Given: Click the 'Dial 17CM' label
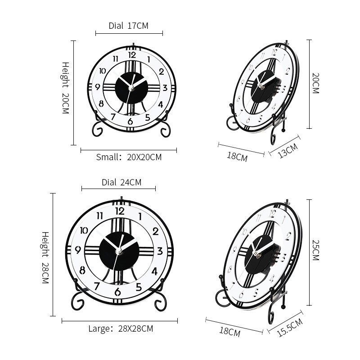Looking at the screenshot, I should pyautogui.click(x=128, y=26).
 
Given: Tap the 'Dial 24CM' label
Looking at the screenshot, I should pyautogui.click(x=121, y=182).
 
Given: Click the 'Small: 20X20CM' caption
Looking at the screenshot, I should pyautogui.click(x=129, y=157).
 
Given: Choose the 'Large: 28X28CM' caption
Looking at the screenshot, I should pyautogui.click(x=121, y=328).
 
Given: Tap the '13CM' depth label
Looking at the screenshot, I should pyautogui.click(x=287, y=151).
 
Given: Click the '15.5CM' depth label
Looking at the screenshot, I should pyautogui.click(x=290, y=327).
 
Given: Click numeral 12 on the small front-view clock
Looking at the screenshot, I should pyautogui.click(x=132, y=55).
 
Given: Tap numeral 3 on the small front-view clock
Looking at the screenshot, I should pyautogui.click(x=165, y=88).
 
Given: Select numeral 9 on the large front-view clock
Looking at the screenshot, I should pyautogui.click(x=78, y=250).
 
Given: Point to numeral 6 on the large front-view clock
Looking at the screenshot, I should pyautogui.click(x=118, y=292).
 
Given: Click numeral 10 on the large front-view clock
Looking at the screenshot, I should pyautogui.click(x=83, y=231).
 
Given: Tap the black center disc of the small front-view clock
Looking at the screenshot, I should pyautogui.click(x=131, y=88).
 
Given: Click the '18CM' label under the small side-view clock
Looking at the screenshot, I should pyautogui.click(x=237, y=157).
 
